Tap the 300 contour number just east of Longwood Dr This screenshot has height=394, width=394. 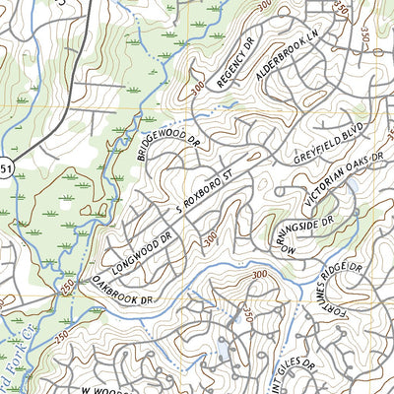209,237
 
